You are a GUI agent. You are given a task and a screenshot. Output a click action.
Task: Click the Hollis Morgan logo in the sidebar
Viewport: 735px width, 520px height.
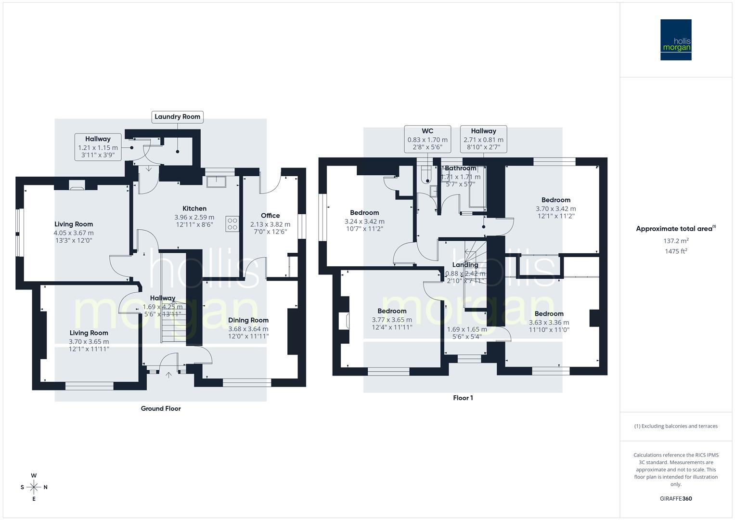675,39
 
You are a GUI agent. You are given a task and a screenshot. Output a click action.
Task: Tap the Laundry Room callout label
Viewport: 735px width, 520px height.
177,117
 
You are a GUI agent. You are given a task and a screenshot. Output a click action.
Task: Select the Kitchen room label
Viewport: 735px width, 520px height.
194,208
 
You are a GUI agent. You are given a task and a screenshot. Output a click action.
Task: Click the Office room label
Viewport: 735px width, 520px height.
270,216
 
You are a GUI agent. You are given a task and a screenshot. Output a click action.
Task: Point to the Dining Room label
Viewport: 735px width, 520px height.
248,320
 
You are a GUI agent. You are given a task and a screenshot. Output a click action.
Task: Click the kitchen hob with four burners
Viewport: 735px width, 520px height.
232,224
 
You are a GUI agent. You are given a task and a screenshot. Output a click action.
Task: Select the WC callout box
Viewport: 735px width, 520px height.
427,139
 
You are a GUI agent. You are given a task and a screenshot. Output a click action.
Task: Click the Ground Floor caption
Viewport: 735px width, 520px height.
161,408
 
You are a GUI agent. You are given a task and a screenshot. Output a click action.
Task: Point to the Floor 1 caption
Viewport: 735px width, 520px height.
463,398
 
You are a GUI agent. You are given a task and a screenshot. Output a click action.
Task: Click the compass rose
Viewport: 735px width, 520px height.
34,487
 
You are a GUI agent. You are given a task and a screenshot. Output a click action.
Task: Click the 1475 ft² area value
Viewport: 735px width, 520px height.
676,251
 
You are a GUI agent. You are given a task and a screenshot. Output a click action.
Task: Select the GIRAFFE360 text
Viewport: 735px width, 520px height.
676,499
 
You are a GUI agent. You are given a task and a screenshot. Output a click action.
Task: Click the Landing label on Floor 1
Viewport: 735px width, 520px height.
465,265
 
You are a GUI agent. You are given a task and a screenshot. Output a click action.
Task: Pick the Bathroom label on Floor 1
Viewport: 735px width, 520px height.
461,169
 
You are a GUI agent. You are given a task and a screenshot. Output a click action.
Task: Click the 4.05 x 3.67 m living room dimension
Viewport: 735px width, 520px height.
74,233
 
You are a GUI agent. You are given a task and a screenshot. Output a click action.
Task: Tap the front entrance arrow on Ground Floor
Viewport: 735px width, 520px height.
168,375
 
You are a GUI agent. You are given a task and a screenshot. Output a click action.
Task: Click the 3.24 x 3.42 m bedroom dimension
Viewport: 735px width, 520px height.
364,221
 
